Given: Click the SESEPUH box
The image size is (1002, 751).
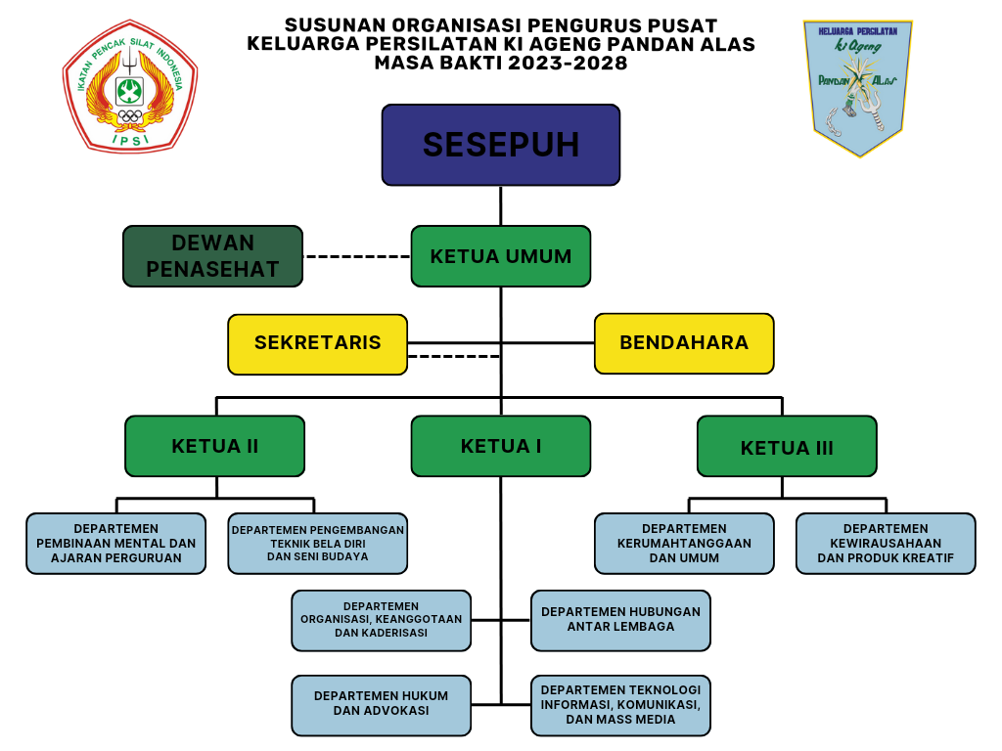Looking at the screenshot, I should pos(500,145).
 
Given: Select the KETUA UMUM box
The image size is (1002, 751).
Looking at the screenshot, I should pos(500,256).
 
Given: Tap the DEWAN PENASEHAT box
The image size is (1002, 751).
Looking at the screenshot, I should pos(212,256).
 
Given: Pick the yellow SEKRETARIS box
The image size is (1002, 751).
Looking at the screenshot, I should pos(317,343).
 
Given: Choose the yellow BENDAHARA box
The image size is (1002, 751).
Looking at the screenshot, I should pos(684,343).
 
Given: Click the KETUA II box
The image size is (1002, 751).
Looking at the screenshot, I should pos(214,446).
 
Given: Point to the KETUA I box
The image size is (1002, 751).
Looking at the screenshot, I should pos(500,446).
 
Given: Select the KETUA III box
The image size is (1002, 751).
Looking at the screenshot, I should pos(787,447).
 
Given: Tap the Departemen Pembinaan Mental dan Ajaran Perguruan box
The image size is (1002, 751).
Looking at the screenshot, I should pos(115,543).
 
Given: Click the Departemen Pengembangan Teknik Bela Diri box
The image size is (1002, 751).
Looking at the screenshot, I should pos(317,543).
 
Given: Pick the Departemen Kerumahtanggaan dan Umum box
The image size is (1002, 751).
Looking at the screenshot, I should pos(684,543).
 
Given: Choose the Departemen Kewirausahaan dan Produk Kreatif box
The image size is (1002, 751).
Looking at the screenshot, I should pos(886,543).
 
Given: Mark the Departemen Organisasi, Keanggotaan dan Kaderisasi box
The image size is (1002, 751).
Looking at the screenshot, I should pos(381,620).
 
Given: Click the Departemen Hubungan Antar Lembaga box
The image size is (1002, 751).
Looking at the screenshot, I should pos(620,620).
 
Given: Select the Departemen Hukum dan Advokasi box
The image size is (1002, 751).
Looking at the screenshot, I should pos(381,704).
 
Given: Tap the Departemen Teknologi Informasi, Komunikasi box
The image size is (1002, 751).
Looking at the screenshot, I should pos(620,705).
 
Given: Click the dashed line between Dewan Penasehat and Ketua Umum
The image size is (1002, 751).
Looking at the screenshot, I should pos(356,256).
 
